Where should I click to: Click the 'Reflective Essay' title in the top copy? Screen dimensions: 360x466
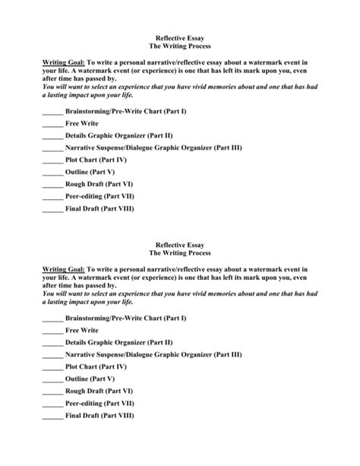coord(180,37)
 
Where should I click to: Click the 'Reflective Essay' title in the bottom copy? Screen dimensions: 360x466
coord(180,245)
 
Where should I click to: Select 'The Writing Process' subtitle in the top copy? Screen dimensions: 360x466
coord(180,46)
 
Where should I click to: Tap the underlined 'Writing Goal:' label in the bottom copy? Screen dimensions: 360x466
coord(63,270)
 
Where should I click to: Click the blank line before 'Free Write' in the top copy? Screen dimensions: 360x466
coord(52,123)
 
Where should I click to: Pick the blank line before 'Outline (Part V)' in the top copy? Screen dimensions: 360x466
coord(52,173)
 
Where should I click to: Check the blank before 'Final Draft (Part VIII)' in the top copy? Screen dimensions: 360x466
coord(52,209)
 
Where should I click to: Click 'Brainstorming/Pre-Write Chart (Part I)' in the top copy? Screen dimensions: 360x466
coord(125,111)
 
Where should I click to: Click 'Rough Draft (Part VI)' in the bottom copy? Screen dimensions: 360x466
coord(99,392)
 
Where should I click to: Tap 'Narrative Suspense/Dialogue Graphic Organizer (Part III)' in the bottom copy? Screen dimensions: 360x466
coord(153,355)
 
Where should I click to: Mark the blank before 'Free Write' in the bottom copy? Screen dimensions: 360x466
coord(52,331)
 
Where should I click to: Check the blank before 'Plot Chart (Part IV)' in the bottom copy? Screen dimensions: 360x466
coord(52,367)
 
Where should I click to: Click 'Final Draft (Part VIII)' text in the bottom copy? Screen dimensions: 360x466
coord(99,416)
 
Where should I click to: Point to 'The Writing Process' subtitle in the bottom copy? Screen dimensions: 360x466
coord(180,253)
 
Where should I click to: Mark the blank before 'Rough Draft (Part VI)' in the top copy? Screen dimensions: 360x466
coord(52,185)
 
